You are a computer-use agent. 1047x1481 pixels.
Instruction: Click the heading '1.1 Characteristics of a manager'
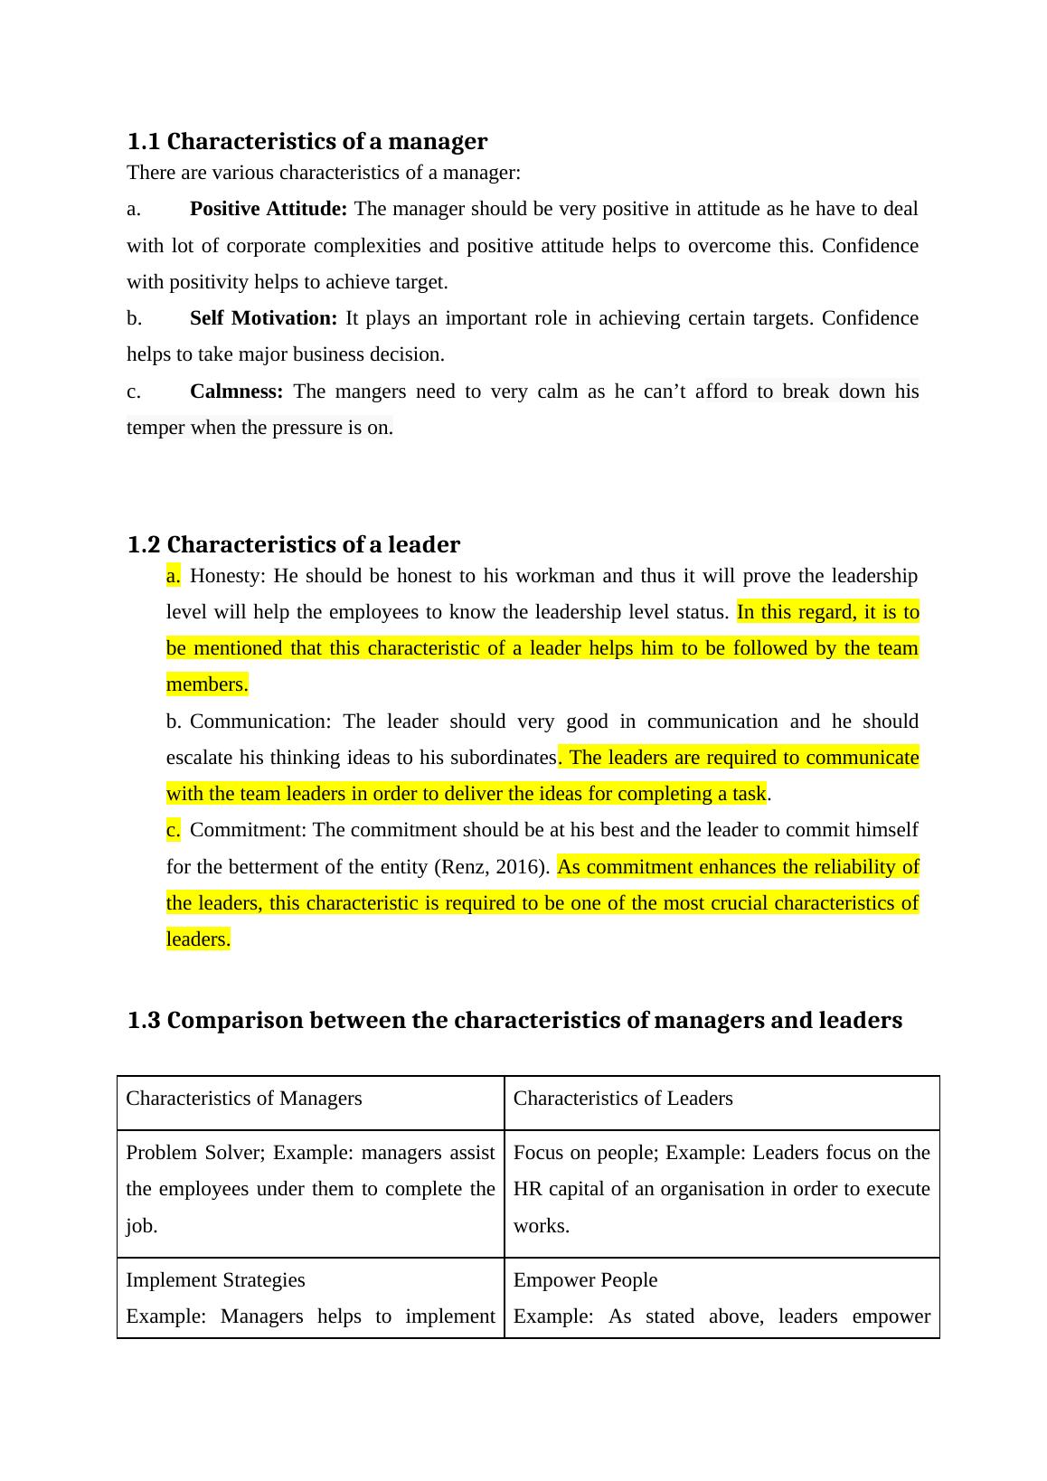[307, 142]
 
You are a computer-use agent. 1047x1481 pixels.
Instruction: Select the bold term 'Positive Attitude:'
[268, 209]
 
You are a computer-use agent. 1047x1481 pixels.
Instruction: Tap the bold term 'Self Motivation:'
[263, 318]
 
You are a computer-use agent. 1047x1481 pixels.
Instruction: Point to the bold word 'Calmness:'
[236, 391]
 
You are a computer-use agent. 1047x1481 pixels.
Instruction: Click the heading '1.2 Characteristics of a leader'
[293, 545]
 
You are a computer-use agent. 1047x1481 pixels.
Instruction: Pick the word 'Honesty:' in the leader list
[228, 576]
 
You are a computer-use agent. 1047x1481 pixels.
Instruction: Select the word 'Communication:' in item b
[260, 722]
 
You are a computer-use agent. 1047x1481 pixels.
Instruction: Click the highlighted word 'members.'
[207, 685]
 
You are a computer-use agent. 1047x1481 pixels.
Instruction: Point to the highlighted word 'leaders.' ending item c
[198, 939]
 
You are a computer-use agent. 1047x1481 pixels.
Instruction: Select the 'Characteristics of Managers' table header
[244, 1099]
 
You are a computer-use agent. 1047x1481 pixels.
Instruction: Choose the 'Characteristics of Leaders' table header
[623, 1099]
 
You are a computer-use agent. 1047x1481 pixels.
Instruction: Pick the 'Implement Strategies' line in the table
[215, 1280]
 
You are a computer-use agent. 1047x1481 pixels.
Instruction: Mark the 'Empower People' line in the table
[585, 1280]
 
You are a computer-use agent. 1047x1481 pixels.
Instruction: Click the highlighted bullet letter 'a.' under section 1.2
[174, 576]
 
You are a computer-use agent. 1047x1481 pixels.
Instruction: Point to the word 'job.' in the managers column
[142, 1227]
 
